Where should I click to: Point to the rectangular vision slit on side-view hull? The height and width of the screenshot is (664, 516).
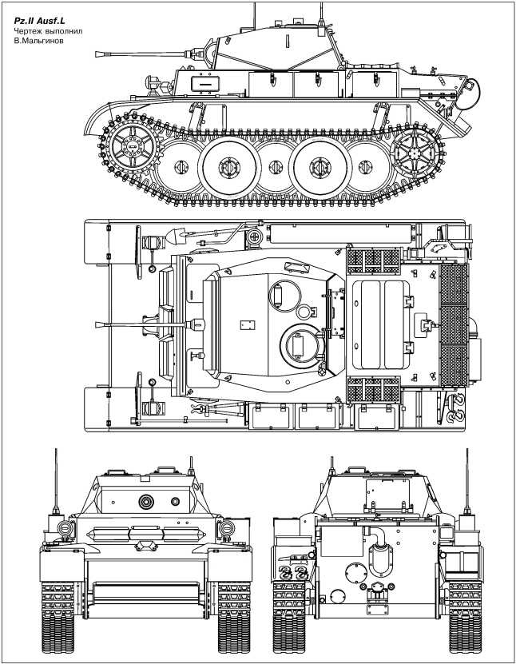point(205,83)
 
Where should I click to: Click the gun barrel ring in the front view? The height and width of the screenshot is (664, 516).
point(146,501)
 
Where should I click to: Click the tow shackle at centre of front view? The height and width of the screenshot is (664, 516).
point(146,545)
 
